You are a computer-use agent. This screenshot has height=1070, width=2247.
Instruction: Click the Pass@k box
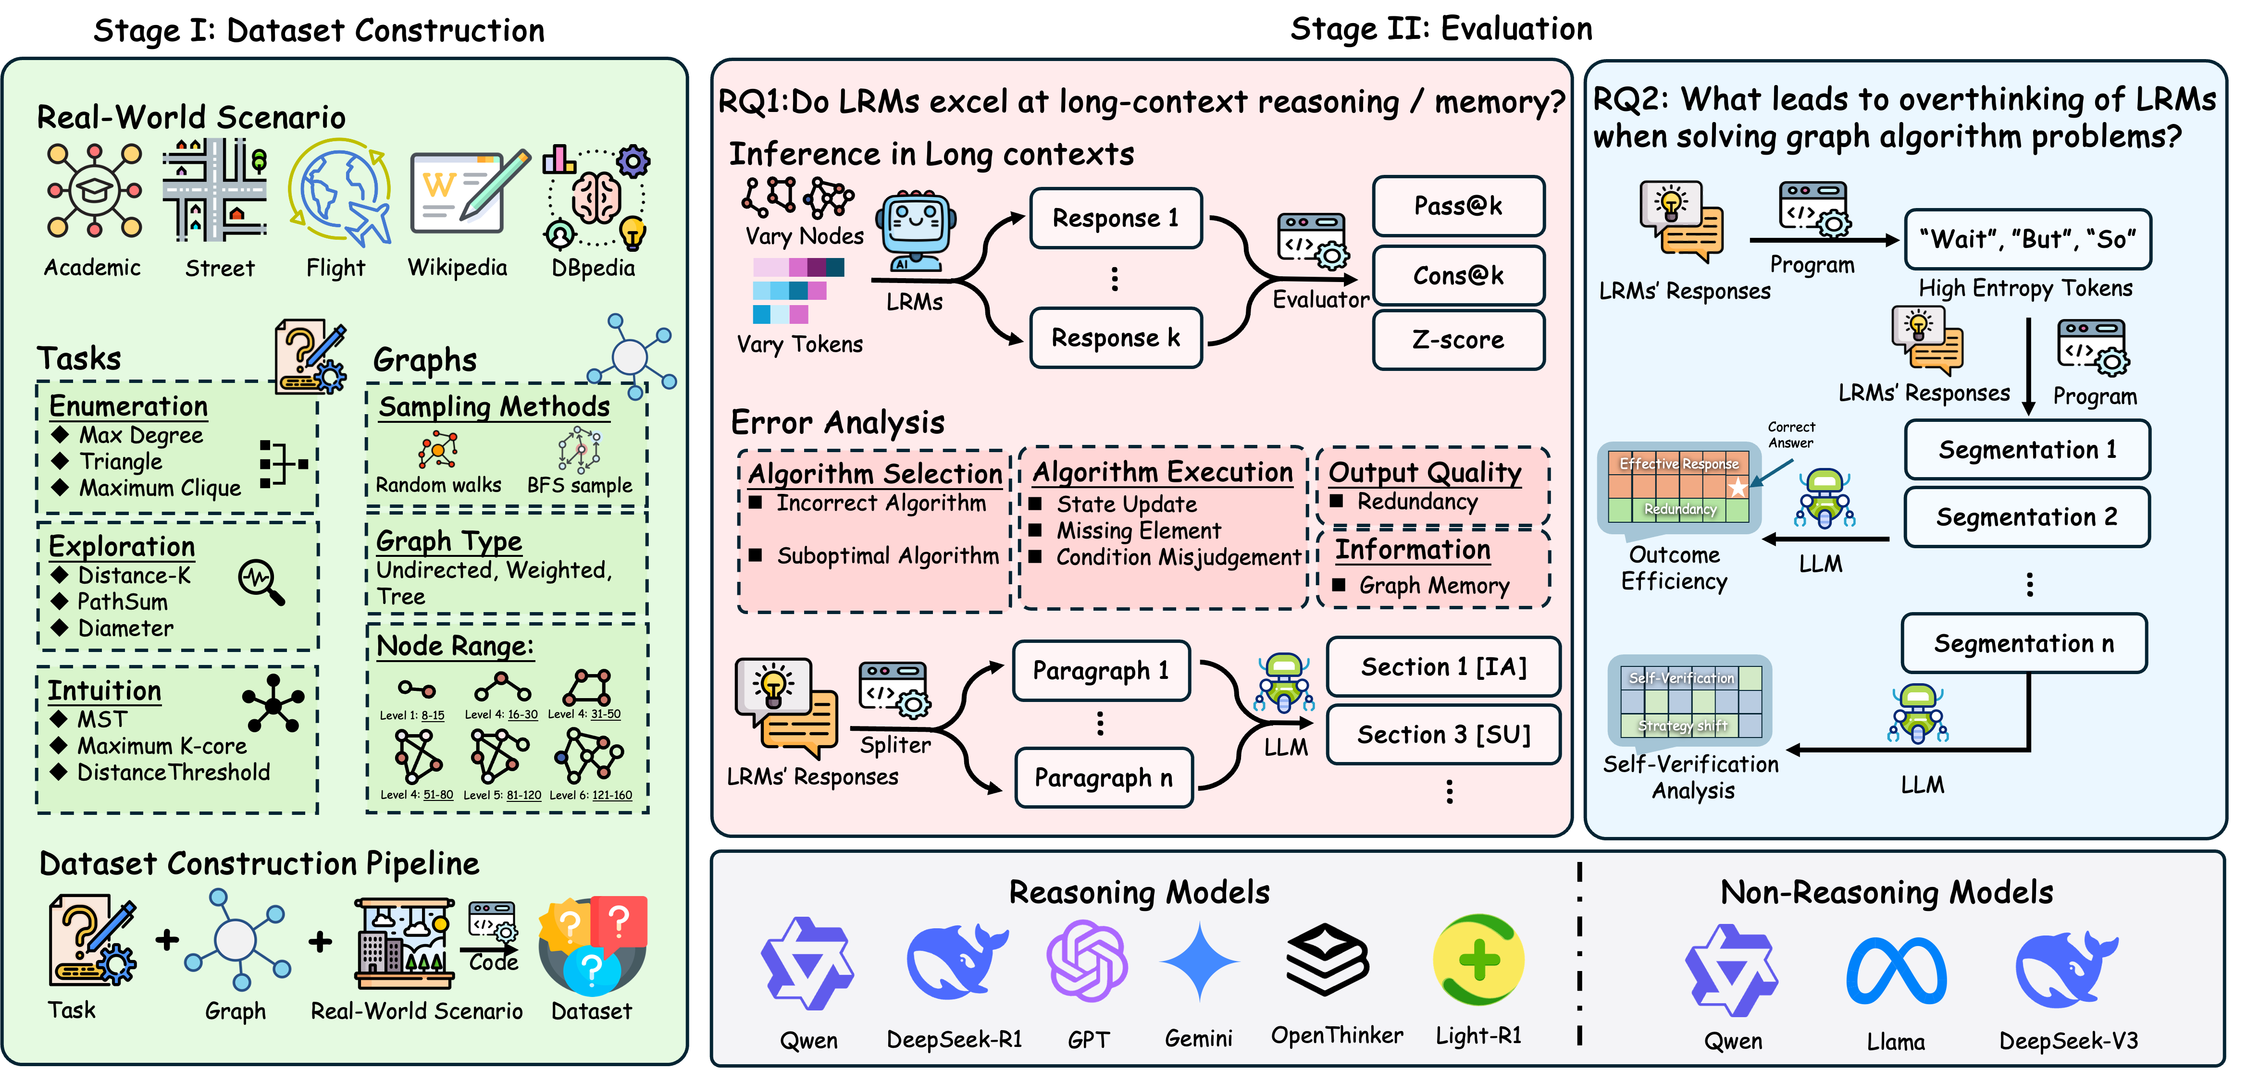[1458, 206]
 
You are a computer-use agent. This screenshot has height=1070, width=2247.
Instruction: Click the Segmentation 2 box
[2026, 517]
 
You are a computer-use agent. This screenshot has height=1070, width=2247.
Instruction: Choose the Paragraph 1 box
[1101, 671]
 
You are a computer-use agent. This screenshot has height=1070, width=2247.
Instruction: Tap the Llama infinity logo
[1896, 971]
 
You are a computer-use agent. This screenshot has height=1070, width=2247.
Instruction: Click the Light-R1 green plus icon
[1478, 960]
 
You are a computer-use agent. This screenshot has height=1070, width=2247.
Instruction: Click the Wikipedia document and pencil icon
[467, 194]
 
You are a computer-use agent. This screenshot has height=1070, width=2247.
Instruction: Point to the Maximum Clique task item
[160, 488]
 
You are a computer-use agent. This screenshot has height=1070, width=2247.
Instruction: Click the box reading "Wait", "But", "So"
[2027, 239]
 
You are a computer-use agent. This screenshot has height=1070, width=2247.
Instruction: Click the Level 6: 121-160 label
[591, 795]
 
